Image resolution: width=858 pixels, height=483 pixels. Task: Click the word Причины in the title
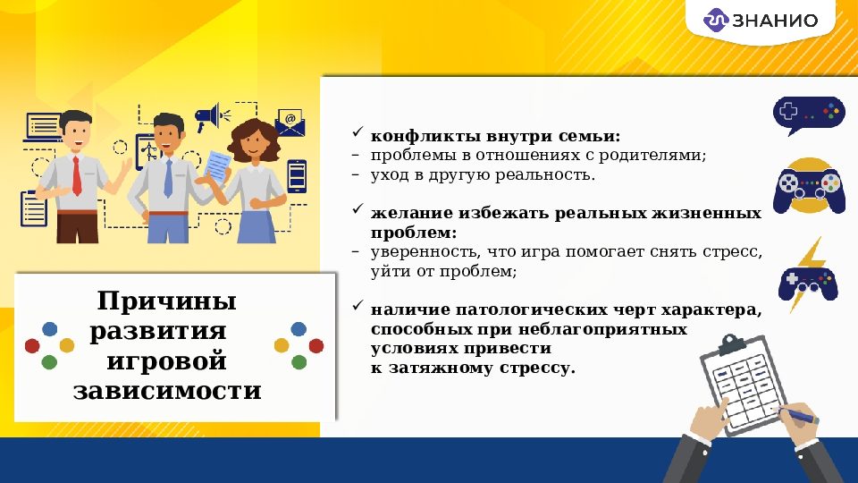coord(167,300)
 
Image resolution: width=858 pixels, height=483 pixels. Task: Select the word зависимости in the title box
coord(167,391)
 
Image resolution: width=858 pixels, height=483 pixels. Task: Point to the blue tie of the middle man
coord(168,178)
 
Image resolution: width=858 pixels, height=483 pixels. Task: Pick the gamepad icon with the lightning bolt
coord(808,280)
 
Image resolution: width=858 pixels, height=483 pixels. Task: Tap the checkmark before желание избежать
coord(356,212)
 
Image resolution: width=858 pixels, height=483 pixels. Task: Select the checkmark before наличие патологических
coord(356,309)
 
